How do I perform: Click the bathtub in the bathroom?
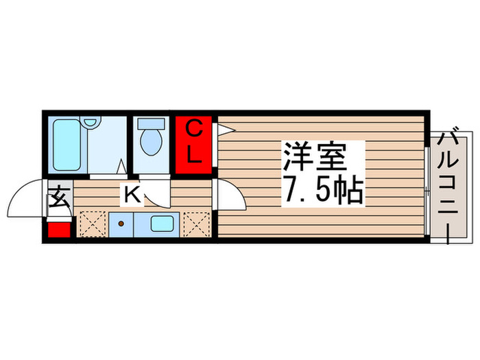click(x=67, y=146)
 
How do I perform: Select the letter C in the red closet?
click(x=193, y=129)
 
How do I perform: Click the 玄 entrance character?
click(x=59, y=201)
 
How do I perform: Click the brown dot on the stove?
click(x=121, y=224)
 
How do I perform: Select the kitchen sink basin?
click(x=163, y=224)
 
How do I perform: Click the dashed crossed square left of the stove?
click(x=91, y=224)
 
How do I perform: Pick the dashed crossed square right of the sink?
click(x=195, y=224)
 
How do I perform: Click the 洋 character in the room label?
click(x=297, y=158)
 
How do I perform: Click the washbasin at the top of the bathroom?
click(x=91, y=123)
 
